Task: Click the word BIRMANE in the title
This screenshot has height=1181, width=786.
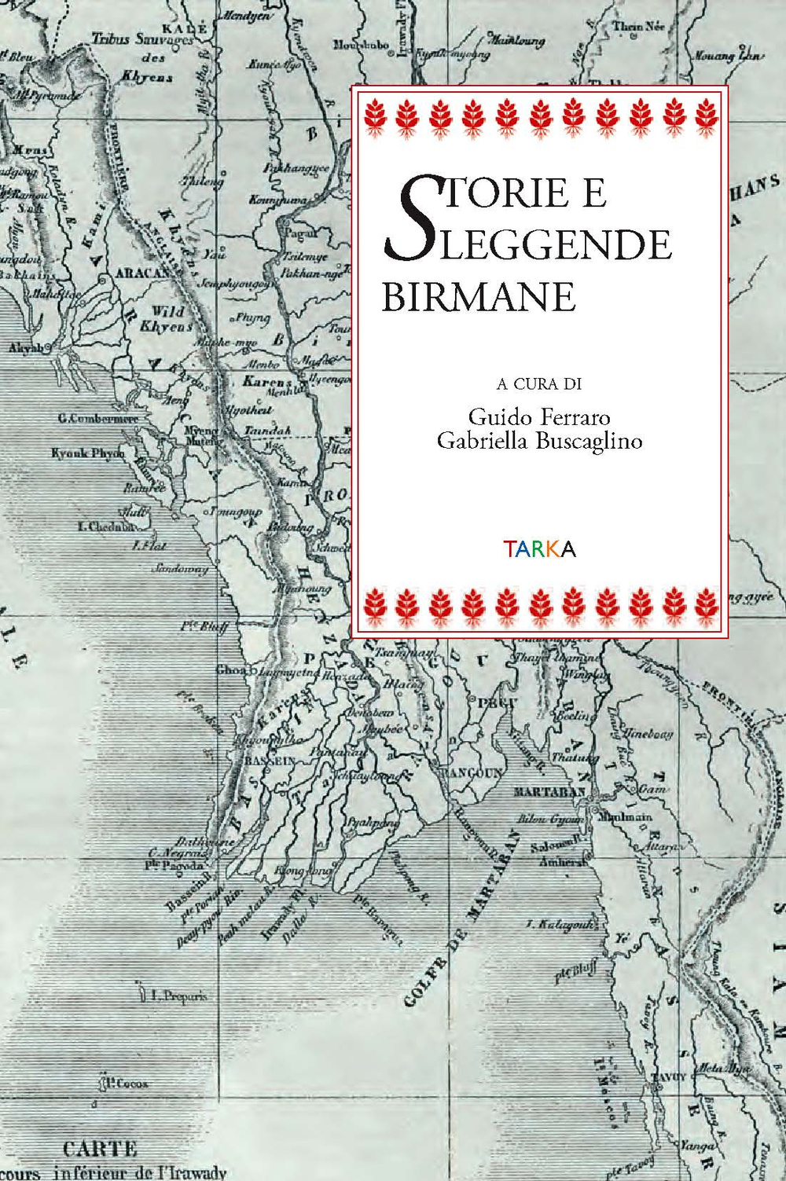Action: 479,297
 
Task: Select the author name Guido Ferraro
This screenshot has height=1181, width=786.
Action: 539,416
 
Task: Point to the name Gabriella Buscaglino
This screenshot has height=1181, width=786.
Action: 539,441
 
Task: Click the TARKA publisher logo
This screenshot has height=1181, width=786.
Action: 539,548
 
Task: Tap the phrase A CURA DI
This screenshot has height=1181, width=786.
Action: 539,384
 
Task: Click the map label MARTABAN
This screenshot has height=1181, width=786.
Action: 549,791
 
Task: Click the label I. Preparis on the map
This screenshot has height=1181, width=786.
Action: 179,996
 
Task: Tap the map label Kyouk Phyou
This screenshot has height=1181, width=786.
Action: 87,453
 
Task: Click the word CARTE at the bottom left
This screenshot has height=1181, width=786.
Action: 99,1149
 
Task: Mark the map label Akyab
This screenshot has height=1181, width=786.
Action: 26,347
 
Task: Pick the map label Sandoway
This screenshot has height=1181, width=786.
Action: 180,567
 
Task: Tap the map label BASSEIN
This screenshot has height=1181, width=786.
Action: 270,761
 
